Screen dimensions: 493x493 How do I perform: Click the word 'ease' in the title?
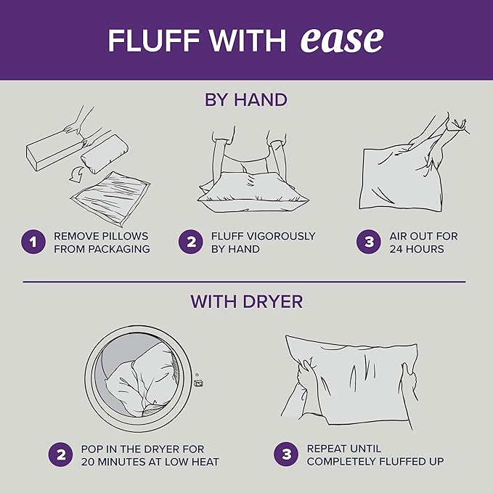[342, 40]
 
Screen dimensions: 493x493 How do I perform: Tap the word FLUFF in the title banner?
[154, 41]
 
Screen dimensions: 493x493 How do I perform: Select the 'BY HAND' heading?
[246, 99]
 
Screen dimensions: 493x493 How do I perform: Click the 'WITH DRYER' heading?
[247, 301]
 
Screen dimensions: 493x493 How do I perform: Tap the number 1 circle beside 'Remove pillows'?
[33, 242]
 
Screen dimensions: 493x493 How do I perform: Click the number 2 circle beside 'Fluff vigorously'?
[191, 242]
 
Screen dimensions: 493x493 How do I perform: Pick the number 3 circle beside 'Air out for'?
[369, 242]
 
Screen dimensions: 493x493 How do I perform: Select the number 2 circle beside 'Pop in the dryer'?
[61, 455]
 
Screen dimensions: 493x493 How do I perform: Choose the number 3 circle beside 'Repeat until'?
[286, 455]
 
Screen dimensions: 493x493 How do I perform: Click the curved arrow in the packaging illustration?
[76, 174]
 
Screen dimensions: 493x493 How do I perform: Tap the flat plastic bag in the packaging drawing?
[110, 199]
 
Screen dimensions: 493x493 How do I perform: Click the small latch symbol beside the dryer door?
[199, 383]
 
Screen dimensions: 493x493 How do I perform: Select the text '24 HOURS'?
[417, 249]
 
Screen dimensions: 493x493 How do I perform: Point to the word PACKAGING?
[119, 249]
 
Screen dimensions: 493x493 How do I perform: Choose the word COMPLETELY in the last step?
[341, 462]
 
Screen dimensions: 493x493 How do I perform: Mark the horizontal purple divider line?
[244, 282]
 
